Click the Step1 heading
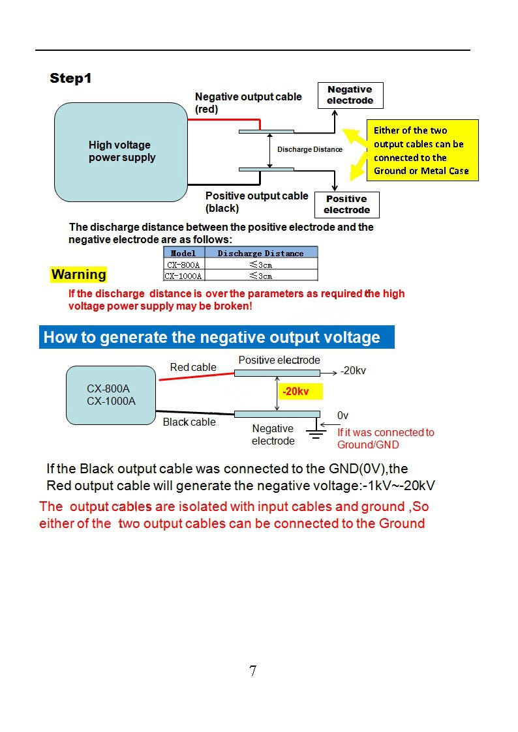[71, 79]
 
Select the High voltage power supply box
[121, 151]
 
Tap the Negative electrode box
[350, 95]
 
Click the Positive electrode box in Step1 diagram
[346, 205]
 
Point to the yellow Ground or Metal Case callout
[422, 151]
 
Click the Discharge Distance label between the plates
[309, 149]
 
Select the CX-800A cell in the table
[183, 265]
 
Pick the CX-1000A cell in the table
[183, 276]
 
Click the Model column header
[183, 253]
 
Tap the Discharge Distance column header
[260, 253]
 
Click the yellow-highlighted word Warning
[78, 274]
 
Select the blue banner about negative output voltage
[217, 337]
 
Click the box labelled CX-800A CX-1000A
[111, 395]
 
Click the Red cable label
[193, 368]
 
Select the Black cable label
[189, 422]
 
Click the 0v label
[343, 415]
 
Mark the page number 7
[252, 670]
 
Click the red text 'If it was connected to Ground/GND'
[385, 438]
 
